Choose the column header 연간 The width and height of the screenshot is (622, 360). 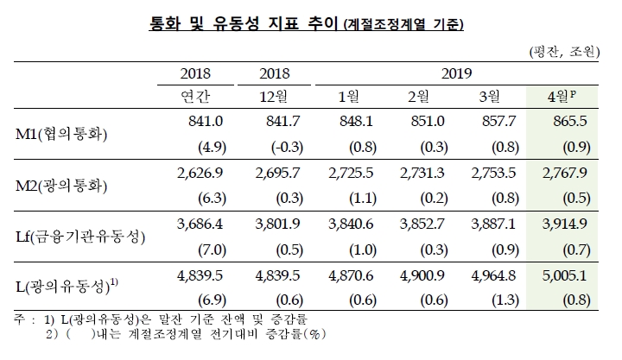pyautogui.click(x=195, y=96)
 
